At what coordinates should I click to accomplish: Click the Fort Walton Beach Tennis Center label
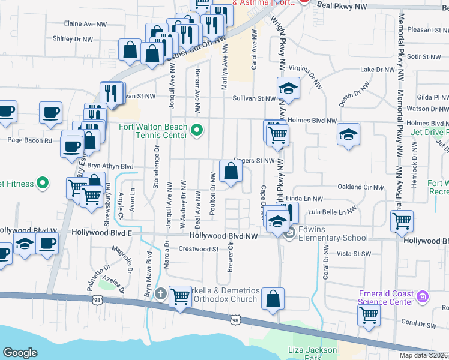[x=153, y=130]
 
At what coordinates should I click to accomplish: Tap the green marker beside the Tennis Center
[x=196, y=130]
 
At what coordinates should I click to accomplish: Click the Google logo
[x=20, y=353]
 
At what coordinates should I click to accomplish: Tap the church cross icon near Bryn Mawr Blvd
[x=160, y=294]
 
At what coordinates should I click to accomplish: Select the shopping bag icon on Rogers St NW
[x=231, y=172]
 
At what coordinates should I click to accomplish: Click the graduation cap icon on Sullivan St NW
[x=288, y=88]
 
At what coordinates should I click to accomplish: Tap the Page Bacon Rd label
[x=29, y=140]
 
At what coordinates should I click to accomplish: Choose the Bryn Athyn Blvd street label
[x=110, y=166]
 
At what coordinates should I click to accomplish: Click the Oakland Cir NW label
[x=360, y=187]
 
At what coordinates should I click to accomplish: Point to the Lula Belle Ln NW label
[x=331, y=211]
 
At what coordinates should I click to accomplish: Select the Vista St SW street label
[x=352, y=254]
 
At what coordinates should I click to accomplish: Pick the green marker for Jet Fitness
[x=42, y=182]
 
